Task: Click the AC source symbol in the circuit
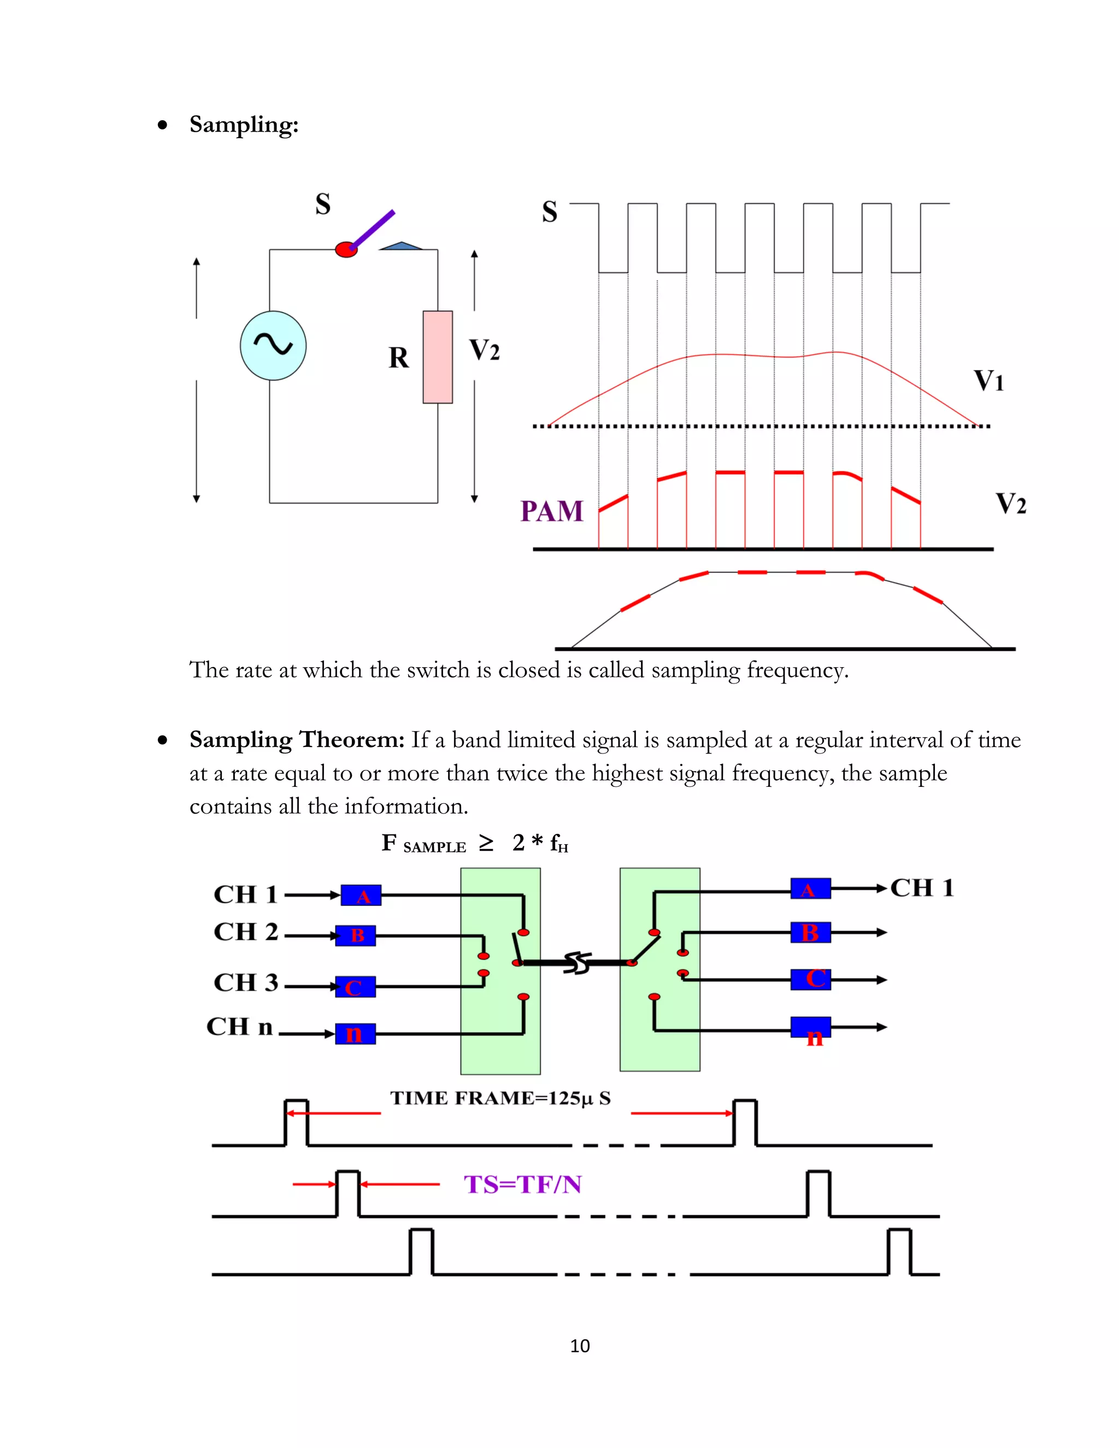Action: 273,345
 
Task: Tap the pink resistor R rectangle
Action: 438,357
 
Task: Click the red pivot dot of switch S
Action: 346,250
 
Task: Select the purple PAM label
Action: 551,511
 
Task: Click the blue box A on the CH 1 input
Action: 361,896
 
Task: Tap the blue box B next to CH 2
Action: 355,935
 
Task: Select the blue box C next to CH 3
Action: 355,986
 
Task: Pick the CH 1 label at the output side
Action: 921,888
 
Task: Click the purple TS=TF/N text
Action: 522,1184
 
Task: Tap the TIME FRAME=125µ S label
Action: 500,1098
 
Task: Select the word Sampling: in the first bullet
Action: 244,125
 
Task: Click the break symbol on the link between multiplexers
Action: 577,963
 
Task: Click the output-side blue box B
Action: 811,932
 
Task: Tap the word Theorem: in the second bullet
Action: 351,740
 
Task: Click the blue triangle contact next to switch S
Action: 401,246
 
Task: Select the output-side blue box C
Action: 811,979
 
